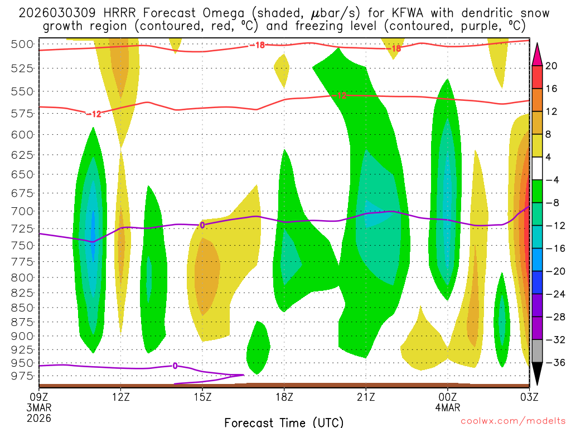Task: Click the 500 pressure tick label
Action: click(22, 45)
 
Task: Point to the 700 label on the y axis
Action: click(22, 211)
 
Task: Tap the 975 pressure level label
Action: click(22, 376)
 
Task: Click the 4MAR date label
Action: click(448, 407)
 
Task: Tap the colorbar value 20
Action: click(551, 66)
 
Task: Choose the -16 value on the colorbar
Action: click(551, 249)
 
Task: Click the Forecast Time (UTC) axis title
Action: click(284, 422)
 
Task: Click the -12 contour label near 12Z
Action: click(94, 114)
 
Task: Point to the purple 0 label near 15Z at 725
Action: click(202, 225)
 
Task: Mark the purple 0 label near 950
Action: click(175, 366)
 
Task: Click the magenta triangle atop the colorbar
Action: click(538, 53)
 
